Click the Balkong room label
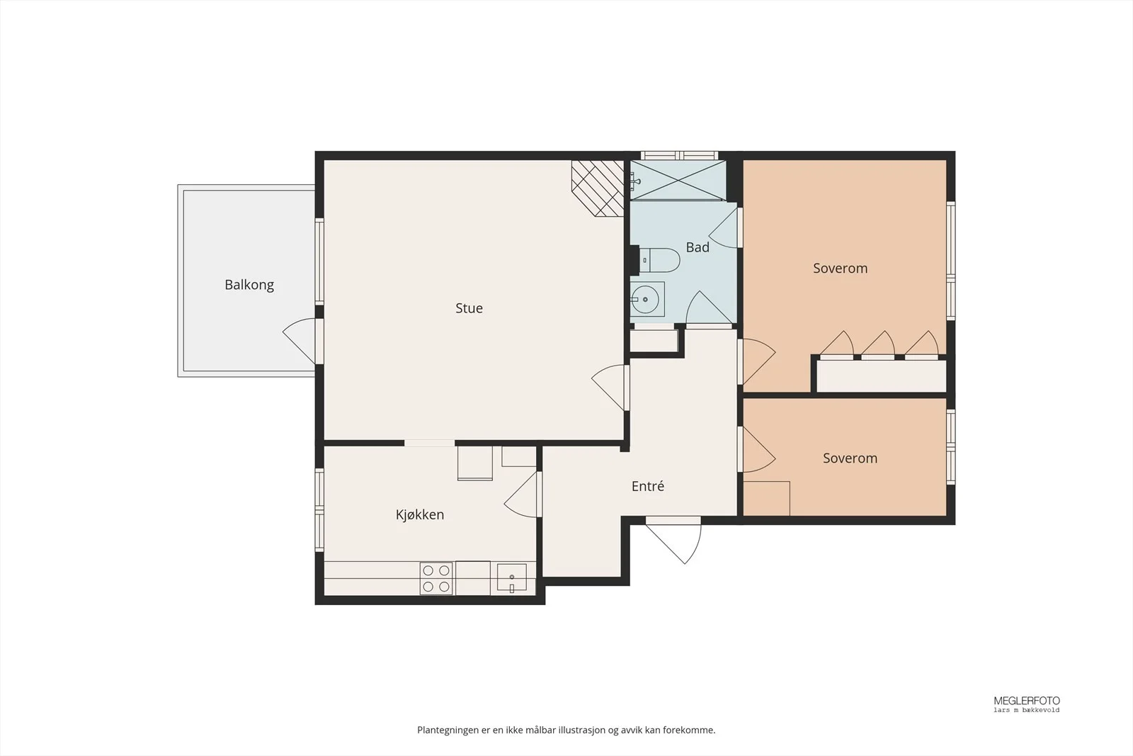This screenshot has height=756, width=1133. pos(249,285)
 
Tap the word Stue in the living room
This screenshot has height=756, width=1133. pos(469,308)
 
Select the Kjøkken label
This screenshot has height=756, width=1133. pos(420,514)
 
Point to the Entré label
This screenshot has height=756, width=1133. pos(647,486)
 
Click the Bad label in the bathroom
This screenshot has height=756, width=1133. pos(698,247)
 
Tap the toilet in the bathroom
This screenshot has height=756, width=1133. pos(659,260)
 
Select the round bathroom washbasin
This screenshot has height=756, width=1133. pos(647,300)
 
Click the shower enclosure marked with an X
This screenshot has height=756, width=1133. pos(678,180)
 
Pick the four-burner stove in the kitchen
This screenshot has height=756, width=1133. pos(436,578)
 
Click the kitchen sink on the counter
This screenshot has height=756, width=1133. pos(512,578)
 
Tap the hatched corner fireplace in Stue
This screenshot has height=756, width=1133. pos(598,188)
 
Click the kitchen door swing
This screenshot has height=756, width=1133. pos(522,495)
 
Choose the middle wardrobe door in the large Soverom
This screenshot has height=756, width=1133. pos(877,344)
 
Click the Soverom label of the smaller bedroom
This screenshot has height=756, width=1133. pos(850,458)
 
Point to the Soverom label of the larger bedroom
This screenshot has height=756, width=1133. pos(840,269)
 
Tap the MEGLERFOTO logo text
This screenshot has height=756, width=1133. pos(1027,701)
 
